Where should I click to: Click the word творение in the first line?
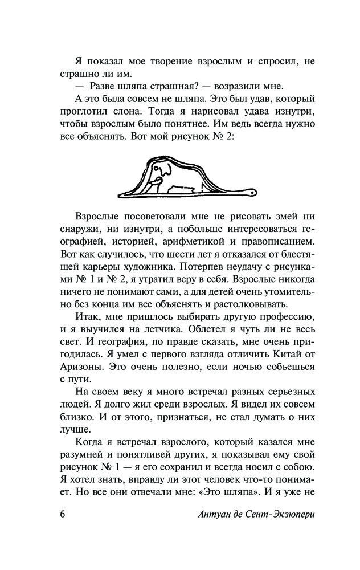162,61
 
